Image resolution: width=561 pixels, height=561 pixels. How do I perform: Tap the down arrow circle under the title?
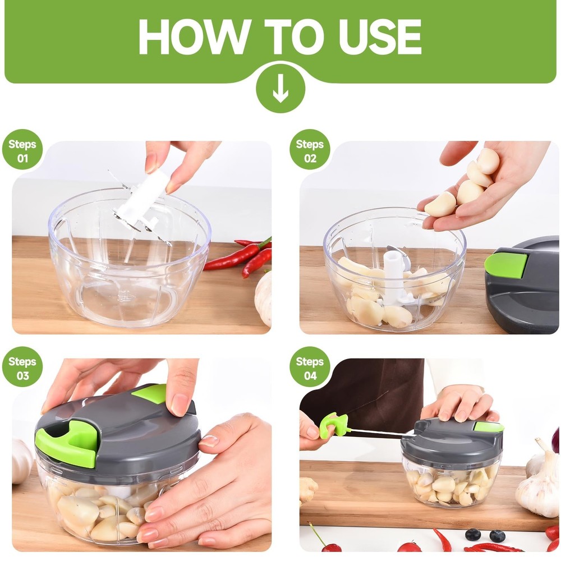(x=280, y=91)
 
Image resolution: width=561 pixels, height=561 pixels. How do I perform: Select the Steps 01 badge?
(x=22, y=151)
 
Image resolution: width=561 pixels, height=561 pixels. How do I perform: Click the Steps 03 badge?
(x=22, y=368)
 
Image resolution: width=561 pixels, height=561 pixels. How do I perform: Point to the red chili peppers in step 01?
(x=241, y=257)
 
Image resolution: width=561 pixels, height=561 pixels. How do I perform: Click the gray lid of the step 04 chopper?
(x=449, y=440)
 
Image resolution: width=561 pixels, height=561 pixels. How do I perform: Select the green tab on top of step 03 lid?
(x=150, y=393)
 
